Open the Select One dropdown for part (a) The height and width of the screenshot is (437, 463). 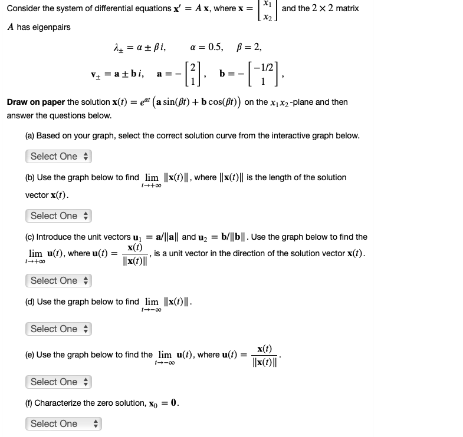point(58,157)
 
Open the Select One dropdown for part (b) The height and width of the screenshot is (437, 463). point(58,216)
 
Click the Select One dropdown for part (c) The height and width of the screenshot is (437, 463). point(58,281)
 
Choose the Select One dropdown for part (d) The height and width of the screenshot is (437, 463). point(58,329)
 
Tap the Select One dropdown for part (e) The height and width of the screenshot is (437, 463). point(58,382)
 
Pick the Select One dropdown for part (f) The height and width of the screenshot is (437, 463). point(63,424)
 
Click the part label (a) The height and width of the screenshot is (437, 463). point(29,135)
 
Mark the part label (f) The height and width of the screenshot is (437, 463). point(29,403)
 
